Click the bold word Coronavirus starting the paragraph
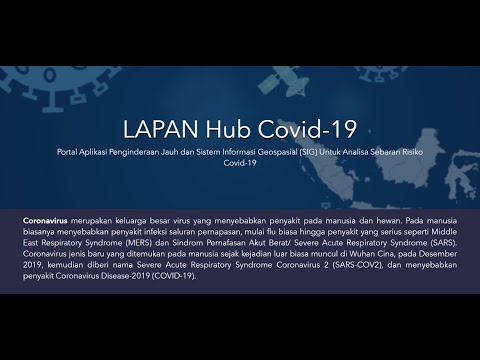coord(51,216)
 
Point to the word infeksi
coord(168,228)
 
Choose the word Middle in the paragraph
coord(444,228)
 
